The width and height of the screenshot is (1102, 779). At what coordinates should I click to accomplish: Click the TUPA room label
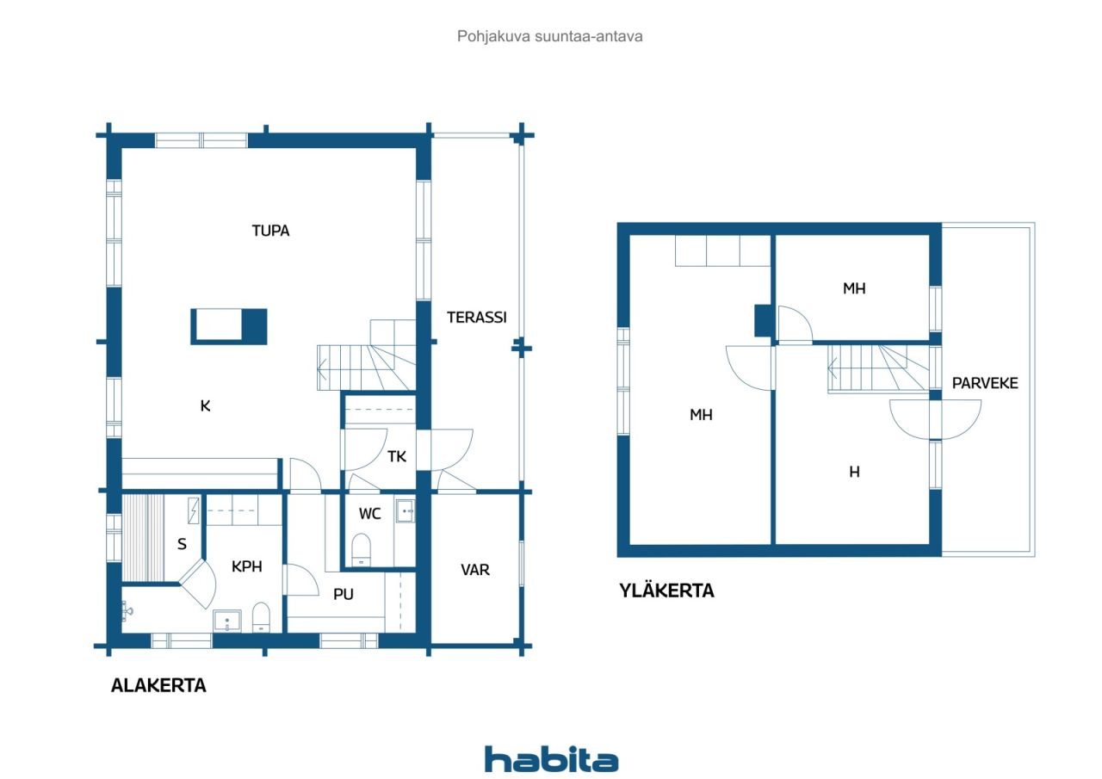tap(270, 231)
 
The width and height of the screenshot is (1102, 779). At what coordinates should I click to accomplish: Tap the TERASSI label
tap(476, 318)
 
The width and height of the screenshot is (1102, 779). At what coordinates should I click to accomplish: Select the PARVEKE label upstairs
tap(985, 383)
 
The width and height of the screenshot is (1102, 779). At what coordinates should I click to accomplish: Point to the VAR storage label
tap(474, 570)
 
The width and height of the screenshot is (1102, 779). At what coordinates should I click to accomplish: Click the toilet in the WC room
tap(361, 550)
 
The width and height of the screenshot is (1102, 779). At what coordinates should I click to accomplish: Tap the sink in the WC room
tap(406, 511)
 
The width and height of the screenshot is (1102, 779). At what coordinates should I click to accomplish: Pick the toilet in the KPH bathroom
tap(261, 617)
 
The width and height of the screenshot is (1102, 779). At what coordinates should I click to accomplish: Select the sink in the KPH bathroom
tap(226, 621)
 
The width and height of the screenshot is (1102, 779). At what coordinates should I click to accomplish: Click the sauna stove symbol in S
tap(194, 510)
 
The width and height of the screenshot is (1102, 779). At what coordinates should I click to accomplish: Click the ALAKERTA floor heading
tap(158, 685)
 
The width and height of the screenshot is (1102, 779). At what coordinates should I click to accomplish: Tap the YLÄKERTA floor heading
tap(666, 590)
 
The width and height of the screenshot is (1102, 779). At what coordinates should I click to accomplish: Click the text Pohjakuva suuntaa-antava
tap(549, 36)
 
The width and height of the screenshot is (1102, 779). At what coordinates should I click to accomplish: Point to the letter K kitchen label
tap(205, 405)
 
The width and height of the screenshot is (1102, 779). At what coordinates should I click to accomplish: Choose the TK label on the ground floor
tap(397, 457)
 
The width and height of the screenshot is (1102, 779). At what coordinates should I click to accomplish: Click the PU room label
tap(344, 595)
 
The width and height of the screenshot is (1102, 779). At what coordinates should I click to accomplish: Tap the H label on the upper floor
tap(855, 472)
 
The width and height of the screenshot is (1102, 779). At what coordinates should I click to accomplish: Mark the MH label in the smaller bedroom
tap(854, 288)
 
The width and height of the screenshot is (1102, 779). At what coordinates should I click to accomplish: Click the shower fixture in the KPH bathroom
tap(127, 611)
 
